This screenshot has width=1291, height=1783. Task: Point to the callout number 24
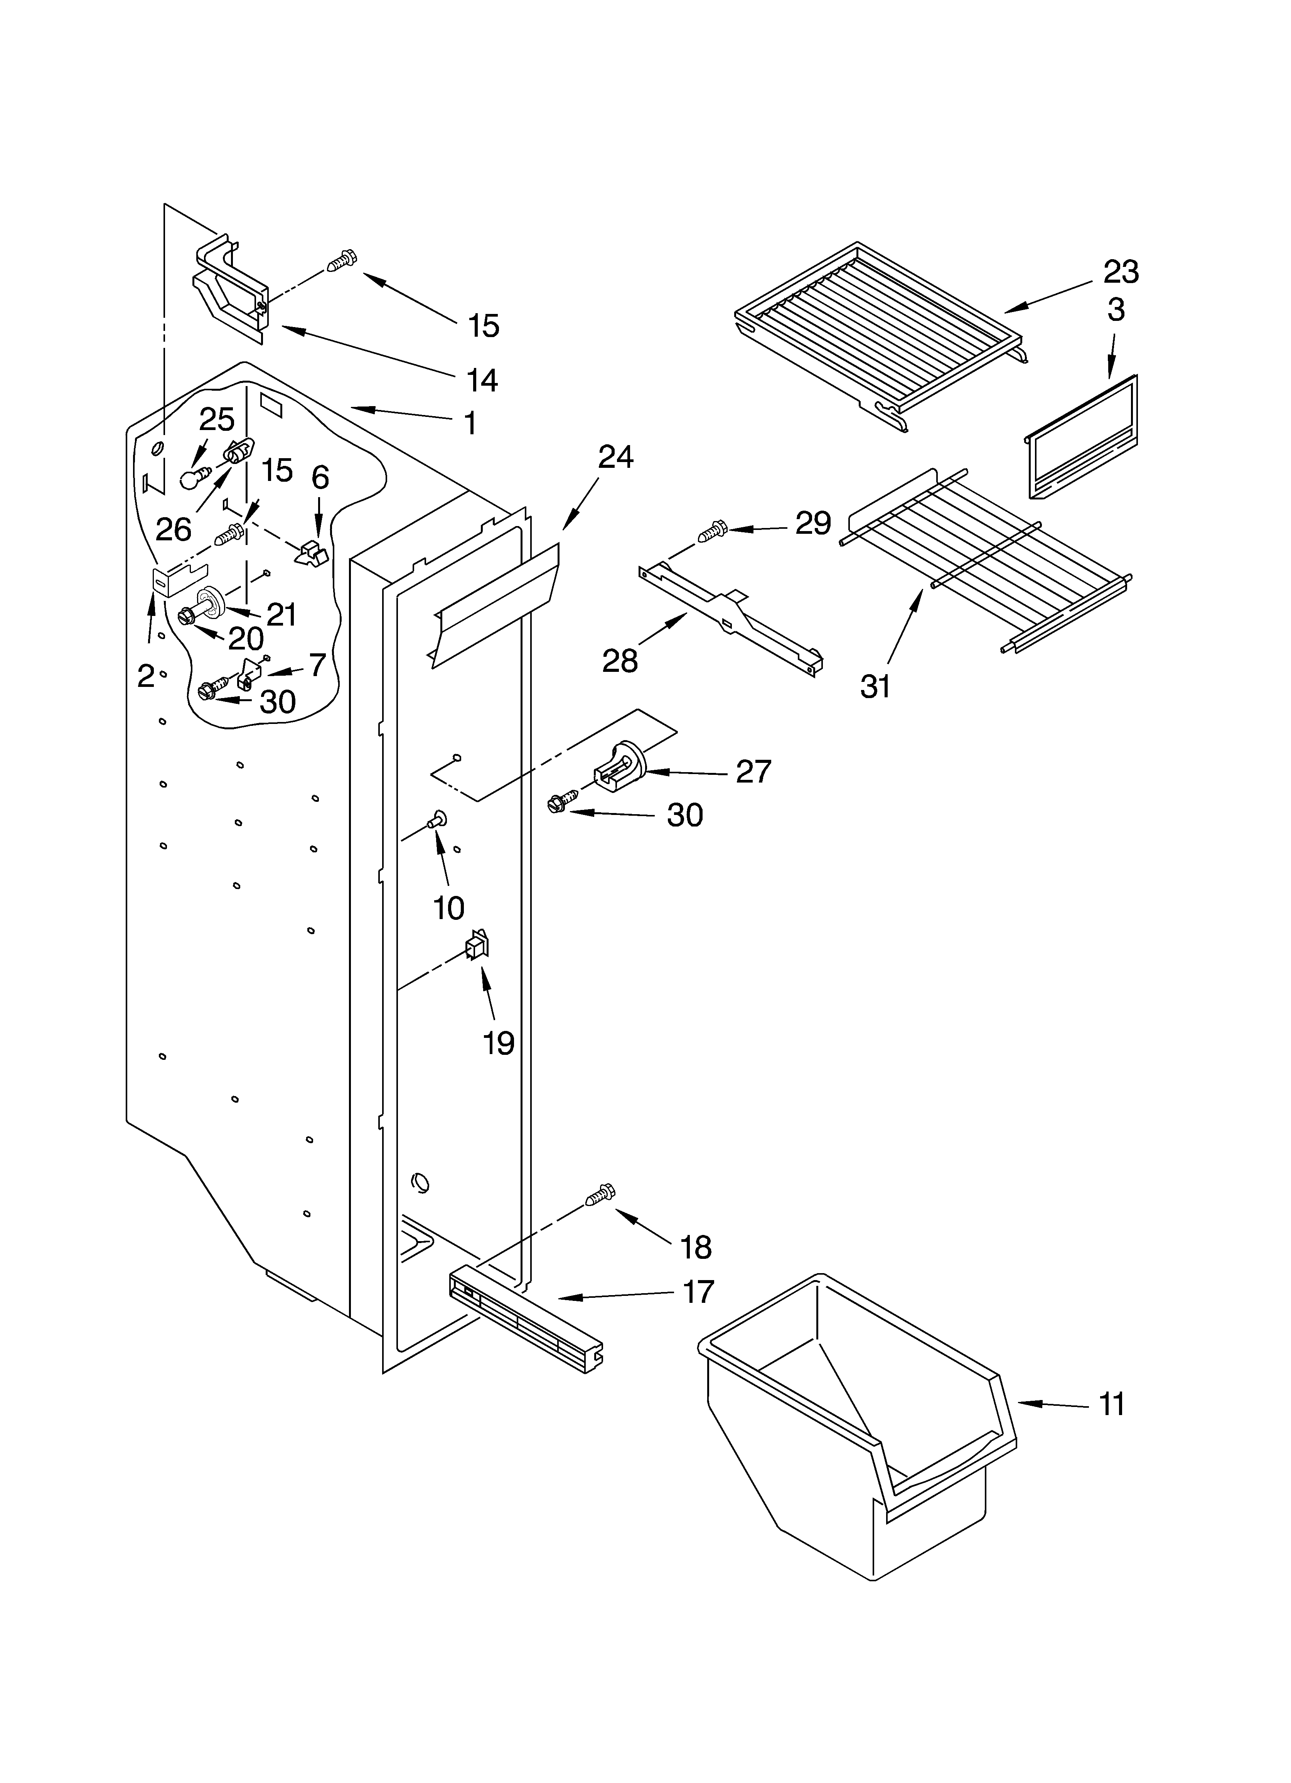pyautogui.click(x=616, y=457)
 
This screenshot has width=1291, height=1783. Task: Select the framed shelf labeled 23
pyautogui.click(x=876, y=334)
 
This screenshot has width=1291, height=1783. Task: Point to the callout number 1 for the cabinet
pyautogui.click(x=469, y=424)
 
